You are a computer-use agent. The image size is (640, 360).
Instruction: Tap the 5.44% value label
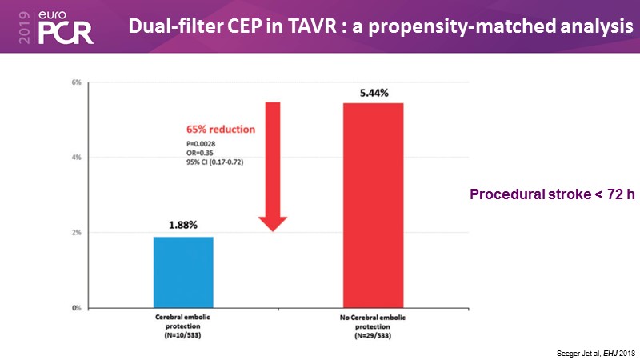374,93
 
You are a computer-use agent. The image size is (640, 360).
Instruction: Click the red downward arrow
273,168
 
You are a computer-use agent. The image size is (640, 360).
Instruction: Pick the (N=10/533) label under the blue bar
182,334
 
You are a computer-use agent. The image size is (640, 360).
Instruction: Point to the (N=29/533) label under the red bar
374,334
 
